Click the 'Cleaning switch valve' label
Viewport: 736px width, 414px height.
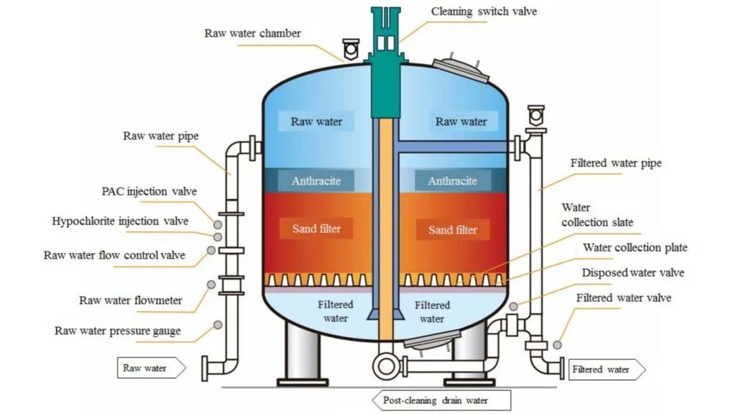pos(483,11)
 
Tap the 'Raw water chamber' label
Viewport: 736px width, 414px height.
pos(252,33)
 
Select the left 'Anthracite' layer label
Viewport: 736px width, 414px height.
pos(316,181)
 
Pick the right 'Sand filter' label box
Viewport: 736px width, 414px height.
pos(452,229)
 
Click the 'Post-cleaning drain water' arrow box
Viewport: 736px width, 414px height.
pos(441,400)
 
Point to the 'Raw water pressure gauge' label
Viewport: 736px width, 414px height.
pos(117,331)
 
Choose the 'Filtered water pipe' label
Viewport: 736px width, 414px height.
pos(616,163)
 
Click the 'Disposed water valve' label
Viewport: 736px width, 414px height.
pos(632,272)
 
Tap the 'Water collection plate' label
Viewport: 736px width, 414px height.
pos(635,247)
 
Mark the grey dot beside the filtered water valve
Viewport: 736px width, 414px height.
pos(557,345)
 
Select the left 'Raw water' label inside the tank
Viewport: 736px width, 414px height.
pos(316,121)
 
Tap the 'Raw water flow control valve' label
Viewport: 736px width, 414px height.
pos(114,255)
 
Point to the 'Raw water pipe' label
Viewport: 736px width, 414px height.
pos(160,135)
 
